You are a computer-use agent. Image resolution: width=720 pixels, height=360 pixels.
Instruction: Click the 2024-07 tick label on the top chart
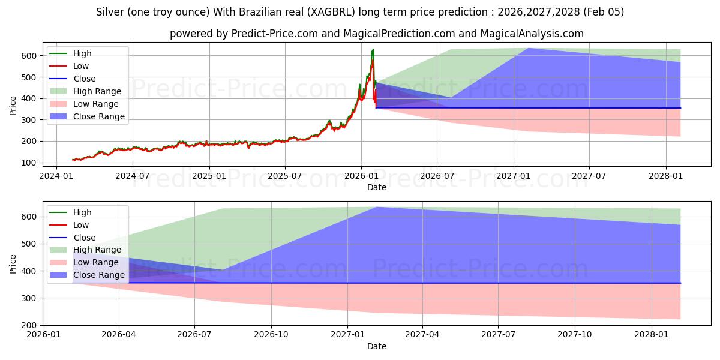[132, 176]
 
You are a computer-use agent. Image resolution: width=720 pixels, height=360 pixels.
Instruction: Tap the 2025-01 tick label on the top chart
[209, 176]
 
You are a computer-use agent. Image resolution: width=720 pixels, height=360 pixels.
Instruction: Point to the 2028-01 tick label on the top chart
[666, 176]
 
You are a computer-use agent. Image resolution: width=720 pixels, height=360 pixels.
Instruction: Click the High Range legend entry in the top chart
[97, 91]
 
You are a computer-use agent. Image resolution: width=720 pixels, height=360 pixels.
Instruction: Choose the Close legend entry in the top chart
[84, 79]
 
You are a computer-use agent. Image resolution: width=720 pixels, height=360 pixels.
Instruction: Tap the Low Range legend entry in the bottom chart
[95, 262]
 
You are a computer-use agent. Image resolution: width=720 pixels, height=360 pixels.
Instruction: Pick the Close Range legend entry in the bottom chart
[98, 275]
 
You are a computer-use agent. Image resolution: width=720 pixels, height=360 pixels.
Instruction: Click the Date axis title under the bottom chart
[377, 346]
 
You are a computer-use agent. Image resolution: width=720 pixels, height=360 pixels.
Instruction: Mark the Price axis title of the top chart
[13, 106]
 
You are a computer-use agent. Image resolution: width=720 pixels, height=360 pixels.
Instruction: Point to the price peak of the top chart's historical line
[373, 49]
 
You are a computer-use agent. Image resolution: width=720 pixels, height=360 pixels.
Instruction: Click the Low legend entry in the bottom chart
[80, 225]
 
